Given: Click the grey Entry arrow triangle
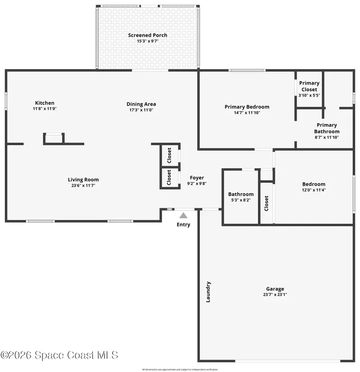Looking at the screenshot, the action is tap(183, 215).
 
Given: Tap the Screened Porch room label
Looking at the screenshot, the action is tap(148, 35).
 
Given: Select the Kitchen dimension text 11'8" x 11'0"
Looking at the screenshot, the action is tap(45, 109).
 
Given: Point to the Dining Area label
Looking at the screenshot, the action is tap(141, 104).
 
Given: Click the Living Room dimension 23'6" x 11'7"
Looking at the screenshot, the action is tap(83, 185).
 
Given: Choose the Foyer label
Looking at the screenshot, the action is tap(197, 178).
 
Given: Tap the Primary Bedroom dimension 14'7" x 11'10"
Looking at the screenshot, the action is tap(247, 113).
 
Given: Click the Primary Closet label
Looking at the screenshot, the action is tap(309, 86).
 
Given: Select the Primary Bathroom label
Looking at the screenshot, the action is tap(327, 128).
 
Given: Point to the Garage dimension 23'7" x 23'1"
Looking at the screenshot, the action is tap(275, 295).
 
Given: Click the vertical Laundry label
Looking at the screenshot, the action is tap(208, 292).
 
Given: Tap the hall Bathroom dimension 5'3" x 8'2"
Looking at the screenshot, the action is tap(241, 200).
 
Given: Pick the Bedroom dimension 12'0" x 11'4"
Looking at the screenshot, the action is tap(314, 190).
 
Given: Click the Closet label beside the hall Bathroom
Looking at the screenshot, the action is tap(266, 203).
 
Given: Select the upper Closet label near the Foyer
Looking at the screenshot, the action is tap(169, 155).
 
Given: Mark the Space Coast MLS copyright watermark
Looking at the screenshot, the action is tap(59, 355).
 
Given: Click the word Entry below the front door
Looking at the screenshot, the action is tap(184, 224).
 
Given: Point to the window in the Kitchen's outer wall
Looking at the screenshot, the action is tap(6, 101).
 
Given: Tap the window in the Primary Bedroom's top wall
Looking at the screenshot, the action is tap(247, 70).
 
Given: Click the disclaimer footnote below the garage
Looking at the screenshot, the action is tap(180, 369).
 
